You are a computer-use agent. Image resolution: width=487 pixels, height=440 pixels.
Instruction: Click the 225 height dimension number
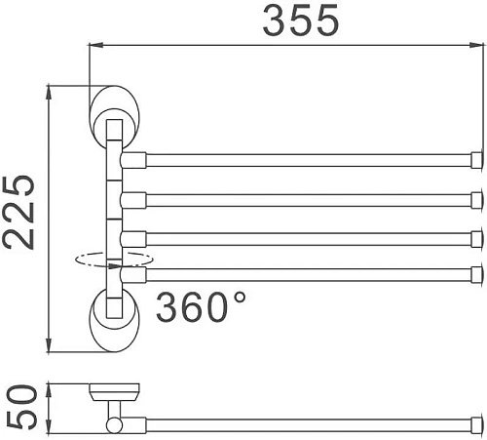click(x=19, y=214)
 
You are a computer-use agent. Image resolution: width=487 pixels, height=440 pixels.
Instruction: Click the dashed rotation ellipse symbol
click(x=113, y=260)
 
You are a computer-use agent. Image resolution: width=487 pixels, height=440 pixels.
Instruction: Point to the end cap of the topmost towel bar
click(x=477, y=160)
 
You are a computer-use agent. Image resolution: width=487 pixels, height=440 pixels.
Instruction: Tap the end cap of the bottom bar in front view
click(x=477, y=274)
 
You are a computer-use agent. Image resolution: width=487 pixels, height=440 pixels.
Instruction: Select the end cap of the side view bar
click(x=477, y=424)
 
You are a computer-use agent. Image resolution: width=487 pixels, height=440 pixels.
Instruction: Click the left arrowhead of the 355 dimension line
click(x=94, y=45)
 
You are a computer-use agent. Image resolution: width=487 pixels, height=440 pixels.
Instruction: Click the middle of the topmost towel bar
click(x=308, y=160)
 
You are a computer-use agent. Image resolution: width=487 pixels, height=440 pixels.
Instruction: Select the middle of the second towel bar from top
click(x=308, y=199)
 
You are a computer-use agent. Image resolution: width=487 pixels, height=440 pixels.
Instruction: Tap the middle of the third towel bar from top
click(x=308, y=238)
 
